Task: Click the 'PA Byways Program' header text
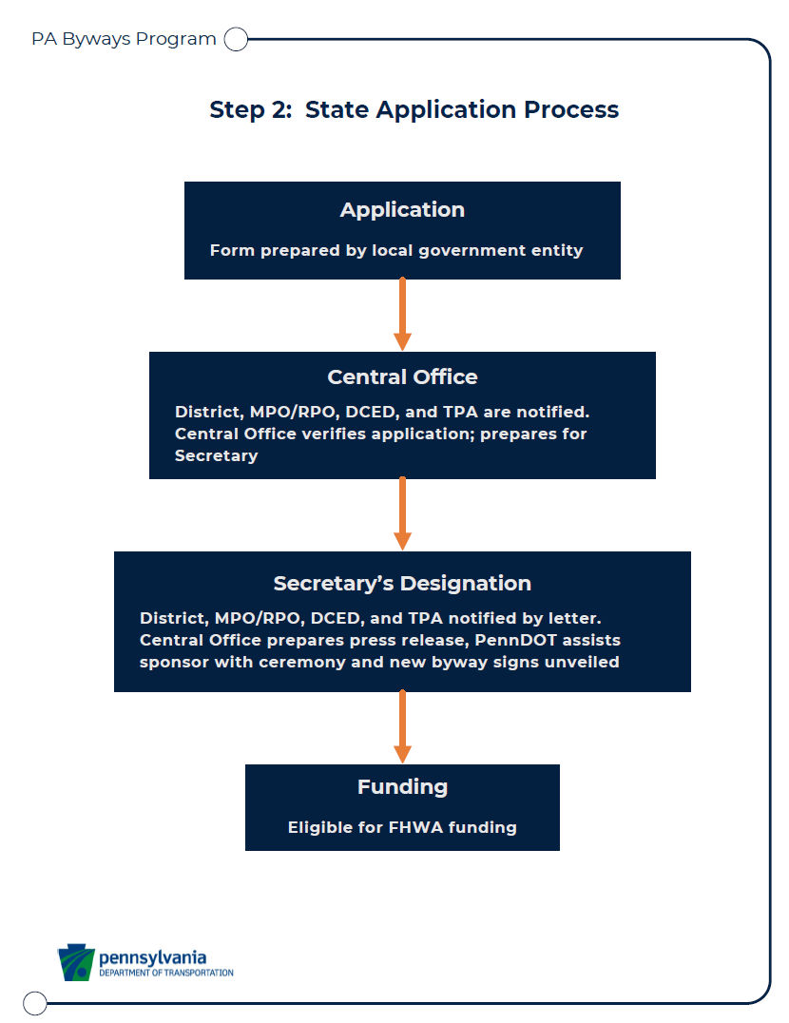click(x=124, y=39)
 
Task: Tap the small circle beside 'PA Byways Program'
click(x=236, y=39)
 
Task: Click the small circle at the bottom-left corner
click(x=34, y=1003)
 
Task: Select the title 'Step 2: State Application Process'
click(x=414, y=109)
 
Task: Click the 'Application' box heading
click(x=402, y=210)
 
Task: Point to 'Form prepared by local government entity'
click(x=396, y=251)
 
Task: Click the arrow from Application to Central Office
click(x=402, y=315)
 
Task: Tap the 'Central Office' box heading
click(x=402, y=377)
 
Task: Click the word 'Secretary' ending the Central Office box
click(x=217, y=456)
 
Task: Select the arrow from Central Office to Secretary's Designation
click(x=402, y=514)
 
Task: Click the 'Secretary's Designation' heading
click(x=402, y=583)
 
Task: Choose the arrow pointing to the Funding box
click(x=402, y=726)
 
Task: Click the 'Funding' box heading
click(x=402, y=787)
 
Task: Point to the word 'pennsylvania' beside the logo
click(x=153, y=957)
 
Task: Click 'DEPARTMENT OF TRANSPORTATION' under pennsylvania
click(x=166, y=973)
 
